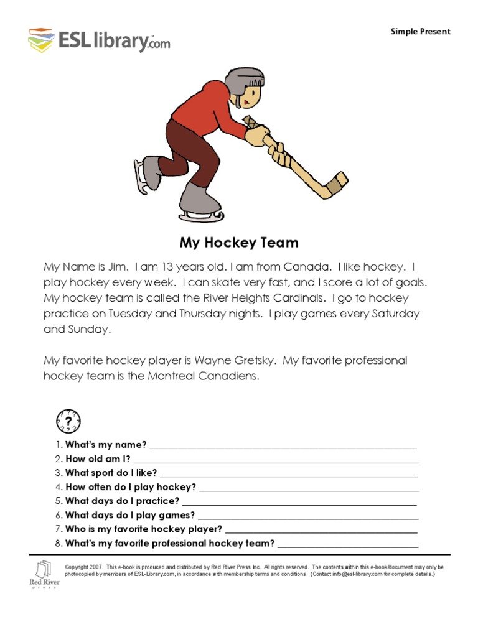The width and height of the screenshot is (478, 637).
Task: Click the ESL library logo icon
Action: tap(40, 39)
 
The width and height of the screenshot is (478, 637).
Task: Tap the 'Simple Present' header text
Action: tap(420, 32)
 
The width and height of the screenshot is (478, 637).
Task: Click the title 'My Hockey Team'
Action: tap(239, 242)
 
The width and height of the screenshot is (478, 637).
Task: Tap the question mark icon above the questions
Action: tap(68, 421)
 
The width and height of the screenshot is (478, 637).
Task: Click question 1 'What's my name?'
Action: tap(106, 444)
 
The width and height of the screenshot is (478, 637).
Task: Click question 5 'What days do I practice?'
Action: tap(122, 501)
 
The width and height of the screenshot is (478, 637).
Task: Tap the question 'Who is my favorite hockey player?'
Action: tap(143, 529)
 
